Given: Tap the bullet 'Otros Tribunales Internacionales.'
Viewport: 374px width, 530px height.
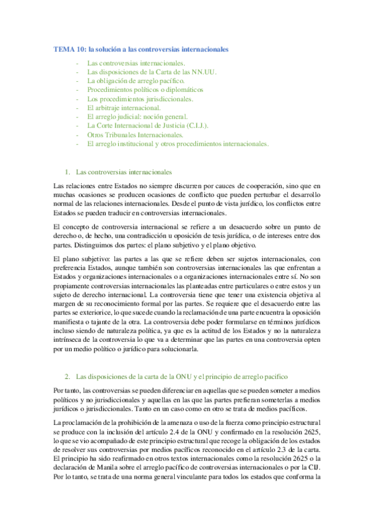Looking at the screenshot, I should (x=135, y=134).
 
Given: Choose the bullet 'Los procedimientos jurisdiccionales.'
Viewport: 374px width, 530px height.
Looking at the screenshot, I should (x=140, y=99).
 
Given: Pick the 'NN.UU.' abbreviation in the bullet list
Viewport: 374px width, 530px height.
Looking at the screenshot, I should (x=202, y=72).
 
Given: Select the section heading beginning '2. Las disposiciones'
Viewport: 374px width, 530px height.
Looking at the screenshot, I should (x=181, y=377).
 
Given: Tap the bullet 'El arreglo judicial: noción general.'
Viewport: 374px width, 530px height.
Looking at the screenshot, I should (x=138, y=117).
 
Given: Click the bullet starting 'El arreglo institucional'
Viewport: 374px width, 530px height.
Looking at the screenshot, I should (x=178, y=143).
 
